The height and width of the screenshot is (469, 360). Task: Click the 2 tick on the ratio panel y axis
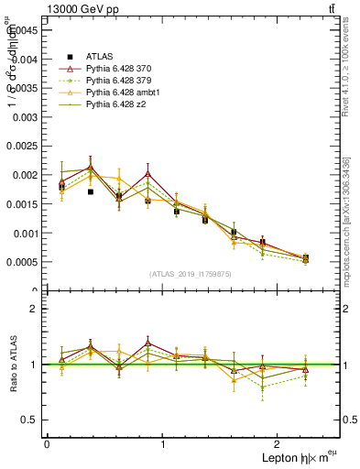pos(34,309)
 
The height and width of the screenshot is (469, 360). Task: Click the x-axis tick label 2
pos(280,444)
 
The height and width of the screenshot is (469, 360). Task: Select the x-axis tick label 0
pos(47,444)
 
